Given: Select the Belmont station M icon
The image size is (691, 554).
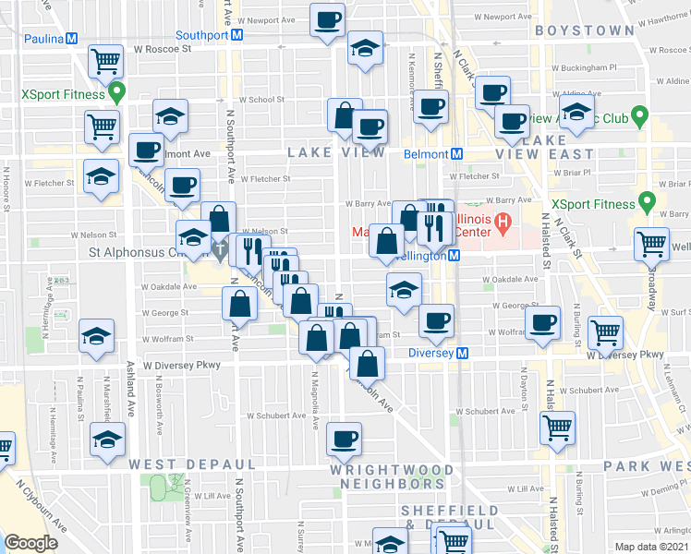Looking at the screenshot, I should tap(456, 154).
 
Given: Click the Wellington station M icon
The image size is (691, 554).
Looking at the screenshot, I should tap(455, 256).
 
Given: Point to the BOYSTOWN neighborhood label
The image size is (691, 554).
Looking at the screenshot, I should tap(583, 30).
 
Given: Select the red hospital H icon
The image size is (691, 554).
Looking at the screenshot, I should tap(503, 223).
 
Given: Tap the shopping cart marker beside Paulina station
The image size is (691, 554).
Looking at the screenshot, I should tap(106, 61).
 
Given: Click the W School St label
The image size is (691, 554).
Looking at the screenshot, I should tap(261, 100).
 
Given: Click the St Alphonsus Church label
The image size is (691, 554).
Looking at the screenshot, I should tap(134, 251).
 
